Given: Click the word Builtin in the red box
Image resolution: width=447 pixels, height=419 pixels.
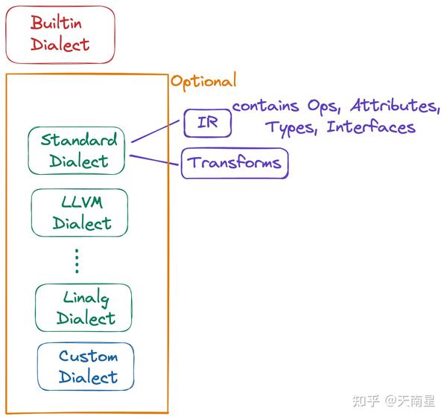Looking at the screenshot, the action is (x=56, y=23).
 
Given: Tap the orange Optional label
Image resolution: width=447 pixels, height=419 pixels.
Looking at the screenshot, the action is (x=203, y=81).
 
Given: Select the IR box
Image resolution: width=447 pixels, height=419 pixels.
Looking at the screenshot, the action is (x=208, y=123).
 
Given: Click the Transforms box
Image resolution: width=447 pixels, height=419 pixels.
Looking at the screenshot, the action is (x=235, y=163).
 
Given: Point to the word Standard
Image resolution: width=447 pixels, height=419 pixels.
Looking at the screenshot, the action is (x=79, y=140).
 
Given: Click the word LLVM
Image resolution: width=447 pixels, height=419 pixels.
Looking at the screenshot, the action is (x=82, y=202).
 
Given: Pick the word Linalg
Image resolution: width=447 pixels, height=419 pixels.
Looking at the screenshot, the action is (x=86, y=298).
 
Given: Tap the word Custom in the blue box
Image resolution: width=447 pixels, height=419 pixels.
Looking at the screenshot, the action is (x=89, y=356).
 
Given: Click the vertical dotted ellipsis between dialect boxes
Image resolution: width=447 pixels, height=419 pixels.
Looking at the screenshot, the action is (x=77, y=261).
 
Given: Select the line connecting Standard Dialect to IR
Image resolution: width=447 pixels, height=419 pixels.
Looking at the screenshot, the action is (x=156, y=131).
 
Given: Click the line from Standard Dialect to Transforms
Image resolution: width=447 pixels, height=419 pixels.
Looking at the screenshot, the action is (x=154, y=160).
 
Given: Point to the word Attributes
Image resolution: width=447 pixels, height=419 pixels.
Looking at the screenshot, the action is (x=395, y=105).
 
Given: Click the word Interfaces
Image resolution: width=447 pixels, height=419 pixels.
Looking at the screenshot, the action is (x=371, y=127).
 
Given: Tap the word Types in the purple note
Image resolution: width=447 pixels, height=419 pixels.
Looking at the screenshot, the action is (x=291, y=128).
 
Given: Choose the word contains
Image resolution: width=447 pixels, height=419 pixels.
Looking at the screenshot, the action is (x=266, y=106).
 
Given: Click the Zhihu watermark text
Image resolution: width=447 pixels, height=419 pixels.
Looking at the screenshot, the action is (x=393, y=401).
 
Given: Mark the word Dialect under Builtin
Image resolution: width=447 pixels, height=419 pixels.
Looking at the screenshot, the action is (x=60, y=45).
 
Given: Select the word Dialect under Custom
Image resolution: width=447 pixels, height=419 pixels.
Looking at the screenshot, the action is (x=88, y=377).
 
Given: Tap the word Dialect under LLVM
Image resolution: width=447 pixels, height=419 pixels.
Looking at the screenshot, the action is (x=82, y=223).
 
